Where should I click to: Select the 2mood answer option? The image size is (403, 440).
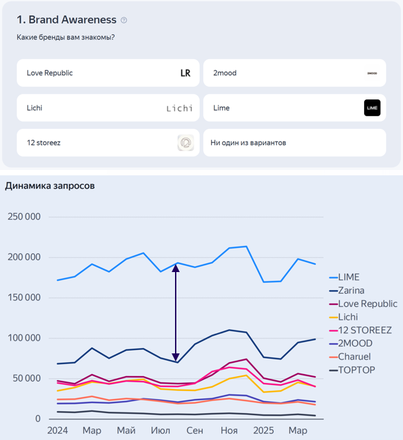pos(294,73)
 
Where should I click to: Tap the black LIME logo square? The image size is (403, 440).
pos(372,108)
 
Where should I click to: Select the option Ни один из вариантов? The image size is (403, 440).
pos(294,142)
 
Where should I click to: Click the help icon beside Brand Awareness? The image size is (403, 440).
pos(124,20)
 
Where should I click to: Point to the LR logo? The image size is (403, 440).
pos(186,73)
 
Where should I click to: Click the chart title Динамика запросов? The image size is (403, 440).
pos(50,186)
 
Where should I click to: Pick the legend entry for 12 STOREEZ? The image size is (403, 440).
pos(365,330)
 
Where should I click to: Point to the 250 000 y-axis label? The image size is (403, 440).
pos(24,217)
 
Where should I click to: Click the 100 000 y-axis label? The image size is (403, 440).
pos(24,339)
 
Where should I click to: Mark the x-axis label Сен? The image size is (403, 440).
pos(194,430)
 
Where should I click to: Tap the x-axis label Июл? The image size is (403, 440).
pos(160,430)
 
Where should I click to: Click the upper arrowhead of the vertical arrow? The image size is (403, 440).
pos(176,267)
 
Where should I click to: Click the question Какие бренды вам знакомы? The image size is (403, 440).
pos(66,37)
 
